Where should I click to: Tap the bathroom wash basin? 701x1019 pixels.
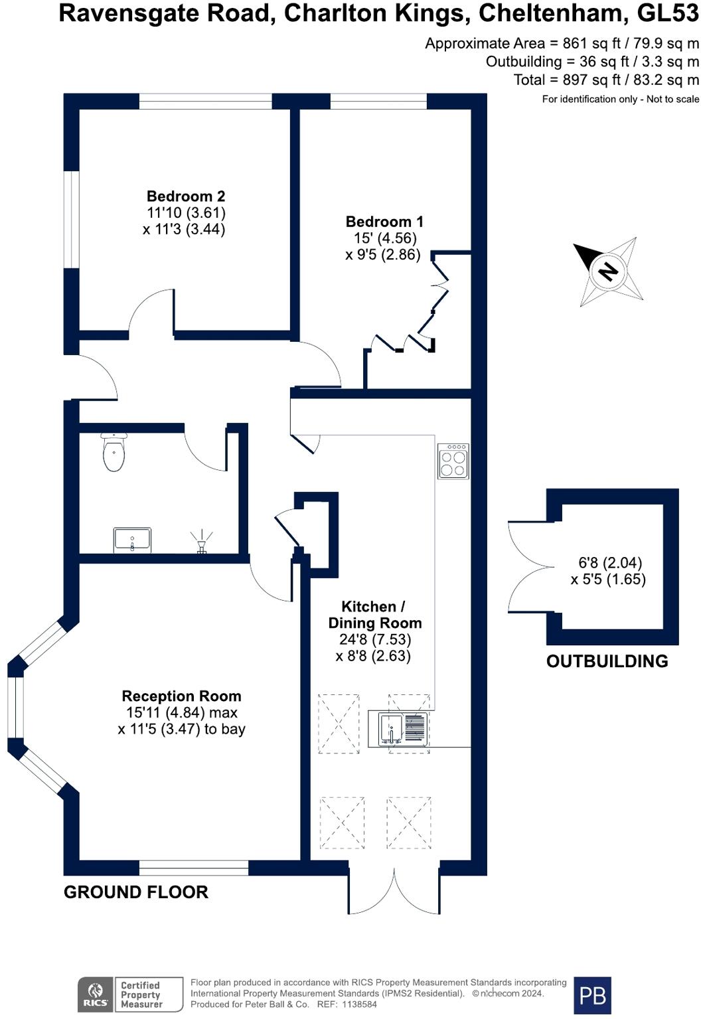coord(132,540)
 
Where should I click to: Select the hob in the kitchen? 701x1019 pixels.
coord(453,461)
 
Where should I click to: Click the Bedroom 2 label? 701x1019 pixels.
coord(186,196)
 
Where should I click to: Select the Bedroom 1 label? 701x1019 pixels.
coord(384,222)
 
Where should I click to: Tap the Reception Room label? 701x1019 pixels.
coord(181,696)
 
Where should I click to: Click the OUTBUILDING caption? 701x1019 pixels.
coord(607,661)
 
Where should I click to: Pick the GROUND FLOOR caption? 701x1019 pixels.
coord(136,892)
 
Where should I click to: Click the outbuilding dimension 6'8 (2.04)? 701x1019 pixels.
coord(610,563)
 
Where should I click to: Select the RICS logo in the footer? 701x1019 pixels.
coord(96,994)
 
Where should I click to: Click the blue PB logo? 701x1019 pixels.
coord(592,995)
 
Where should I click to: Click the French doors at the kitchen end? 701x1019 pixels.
coord(394,888)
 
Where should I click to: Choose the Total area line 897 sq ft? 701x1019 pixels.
coord(606,80)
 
